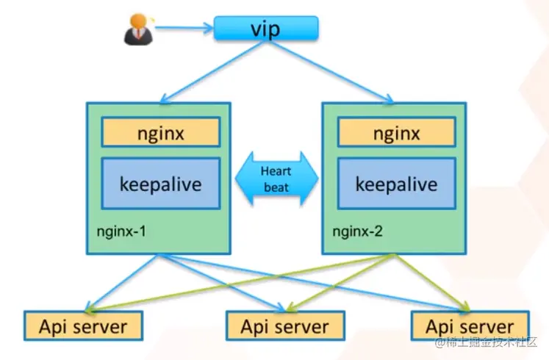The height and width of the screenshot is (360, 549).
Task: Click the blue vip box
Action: click(266, 29)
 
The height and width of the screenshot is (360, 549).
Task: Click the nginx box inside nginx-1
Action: click(160, 133)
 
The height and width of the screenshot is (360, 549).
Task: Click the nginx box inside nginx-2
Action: click(396, 133)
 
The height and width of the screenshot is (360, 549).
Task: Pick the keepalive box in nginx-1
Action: click(160, 183)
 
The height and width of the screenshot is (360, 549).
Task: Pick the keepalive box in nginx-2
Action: click(396, 183)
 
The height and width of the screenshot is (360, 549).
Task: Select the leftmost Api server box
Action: click(83, 326)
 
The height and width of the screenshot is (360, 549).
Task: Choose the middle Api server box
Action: click(284, 326)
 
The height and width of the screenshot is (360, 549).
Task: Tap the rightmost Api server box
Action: click(470, 326)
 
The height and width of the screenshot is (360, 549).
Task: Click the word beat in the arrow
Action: click(276, 187)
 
